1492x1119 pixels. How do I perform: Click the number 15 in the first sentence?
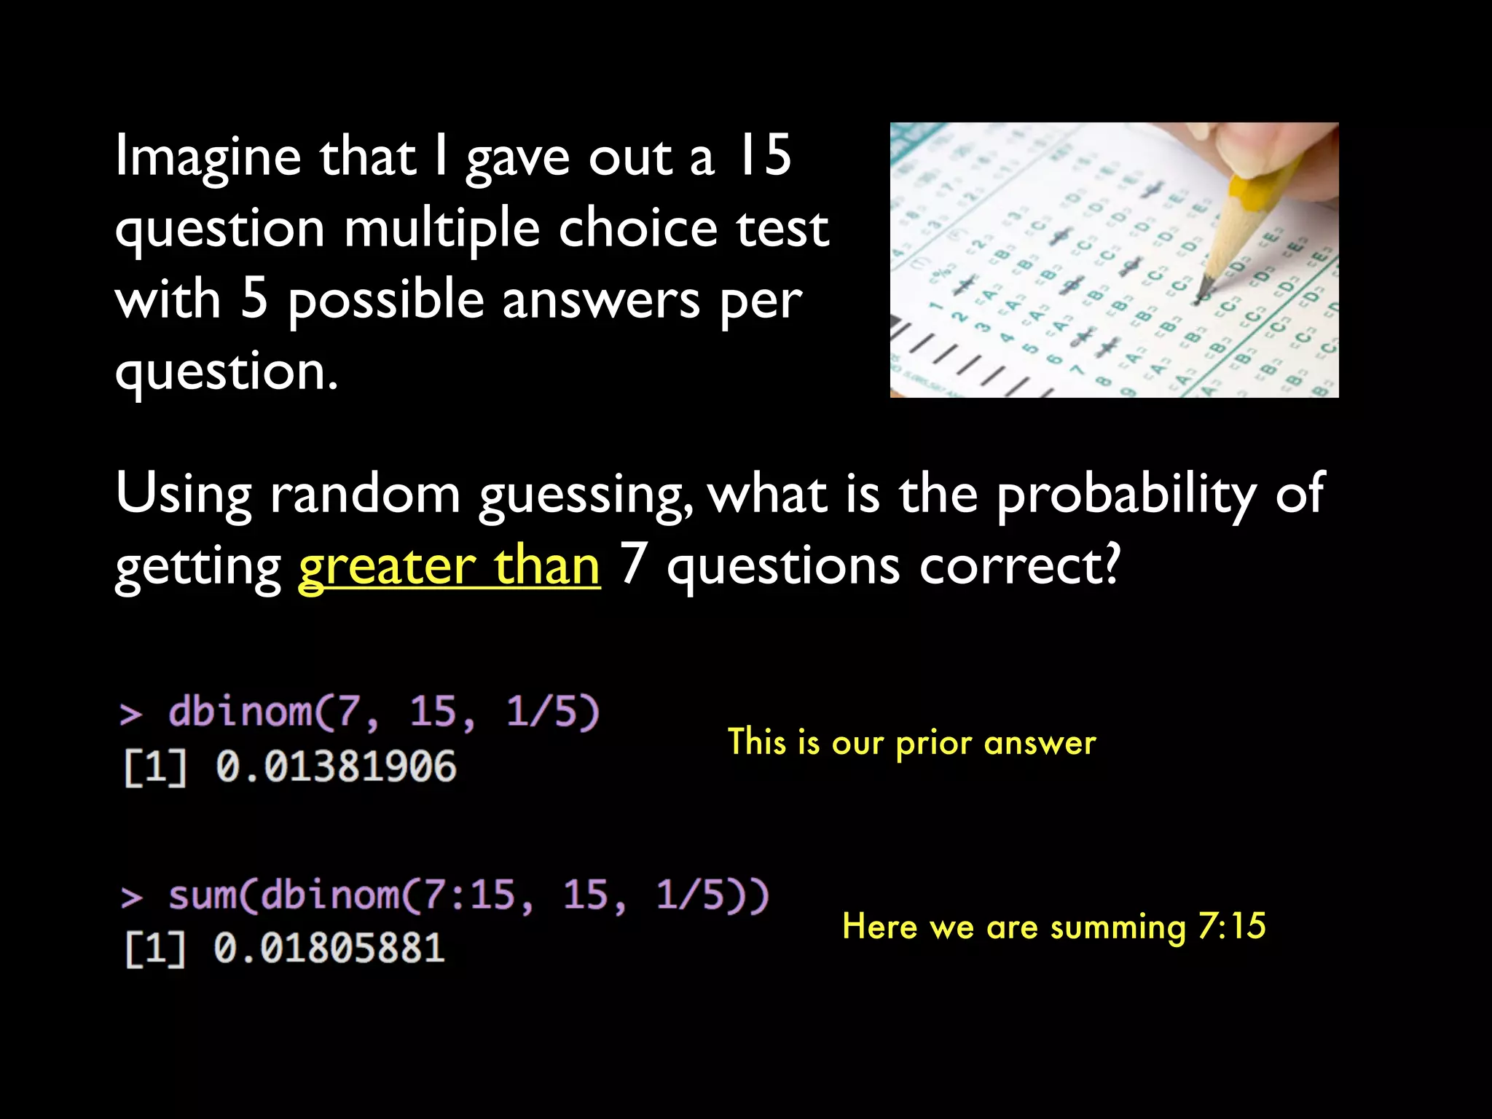click(x=764, y=156)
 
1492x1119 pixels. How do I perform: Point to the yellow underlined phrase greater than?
click(x=449, y=567)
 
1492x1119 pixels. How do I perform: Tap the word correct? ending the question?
click(x=1018, y=566)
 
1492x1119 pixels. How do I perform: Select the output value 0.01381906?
click(x=336, y=767)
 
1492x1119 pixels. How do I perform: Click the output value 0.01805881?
click(x=329, y=949)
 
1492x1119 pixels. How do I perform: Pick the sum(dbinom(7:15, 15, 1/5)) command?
click(x=468, y=895)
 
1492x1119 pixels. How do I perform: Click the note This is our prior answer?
click(x=911, y=743)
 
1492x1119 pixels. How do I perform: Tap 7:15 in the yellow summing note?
click(x=1232, y=926)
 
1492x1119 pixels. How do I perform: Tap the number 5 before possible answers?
click(x=254, y=300)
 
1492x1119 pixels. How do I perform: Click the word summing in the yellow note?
click(x=1118, y=927)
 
